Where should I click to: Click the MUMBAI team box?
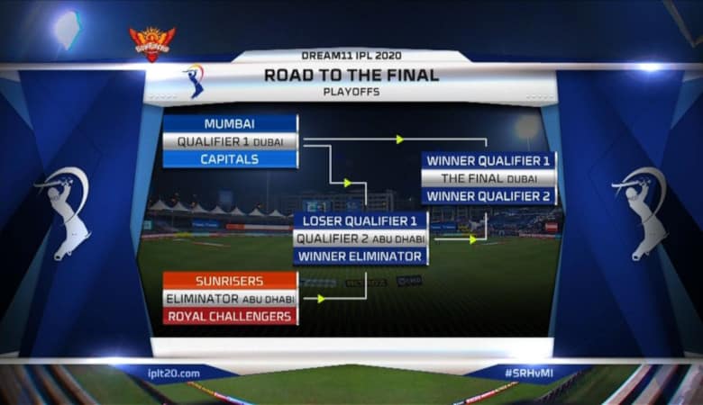point(230,123)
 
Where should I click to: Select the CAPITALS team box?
point(230,159)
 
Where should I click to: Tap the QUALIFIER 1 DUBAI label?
point(230,141)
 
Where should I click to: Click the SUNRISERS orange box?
point(230,281)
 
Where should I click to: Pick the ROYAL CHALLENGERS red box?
point(230,316)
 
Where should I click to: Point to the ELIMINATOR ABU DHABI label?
point(230,299)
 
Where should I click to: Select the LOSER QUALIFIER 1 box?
point(361,220)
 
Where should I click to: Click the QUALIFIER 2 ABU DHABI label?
point(361,238)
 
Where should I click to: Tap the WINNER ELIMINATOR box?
point(361,256)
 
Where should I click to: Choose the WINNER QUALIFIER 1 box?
point(488,161)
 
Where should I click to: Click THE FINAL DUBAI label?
point(488,178)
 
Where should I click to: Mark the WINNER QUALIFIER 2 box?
point(488,196)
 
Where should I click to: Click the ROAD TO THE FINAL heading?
point(351,76)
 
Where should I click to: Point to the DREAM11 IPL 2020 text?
point(351,56)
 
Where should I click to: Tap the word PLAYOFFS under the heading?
point(351,92)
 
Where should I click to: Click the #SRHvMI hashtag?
point(528,373)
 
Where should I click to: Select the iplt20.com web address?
point(174,373)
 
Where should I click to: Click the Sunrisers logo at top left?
point(152,43)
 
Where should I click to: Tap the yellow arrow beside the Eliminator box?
point(321,299)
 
